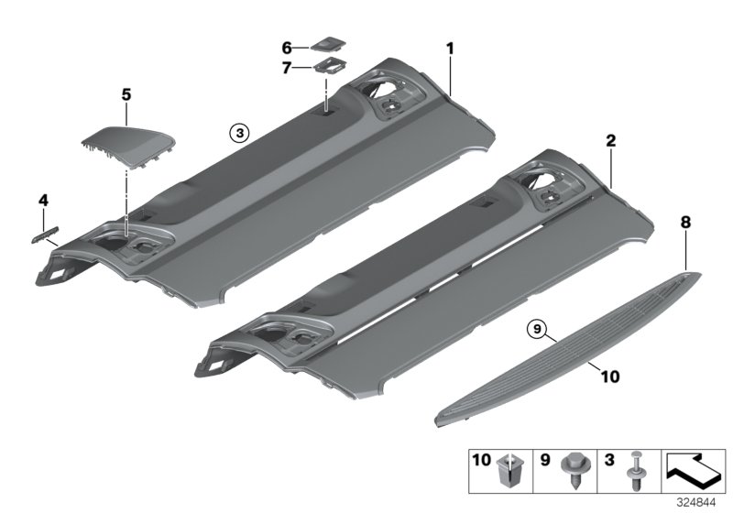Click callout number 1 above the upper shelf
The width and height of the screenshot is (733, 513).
tap(450, 47)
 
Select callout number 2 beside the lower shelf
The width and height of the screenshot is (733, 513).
tap(610, 142)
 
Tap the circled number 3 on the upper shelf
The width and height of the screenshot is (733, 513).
tap(238, 132)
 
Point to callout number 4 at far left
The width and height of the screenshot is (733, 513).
tap(42, 199)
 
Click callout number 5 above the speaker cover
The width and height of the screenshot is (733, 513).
tap(126, 93)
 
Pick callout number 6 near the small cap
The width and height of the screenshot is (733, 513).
tap(286, 47)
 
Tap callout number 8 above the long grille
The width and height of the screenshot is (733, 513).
tap(685, 222)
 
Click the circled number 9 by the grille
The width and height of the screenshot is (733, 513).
tap(538, 327)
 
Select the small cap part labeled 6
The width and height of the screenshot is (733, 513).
tap(325, 44)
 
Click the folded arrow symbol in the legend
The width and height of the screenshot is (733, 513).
tap(693, 472)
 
